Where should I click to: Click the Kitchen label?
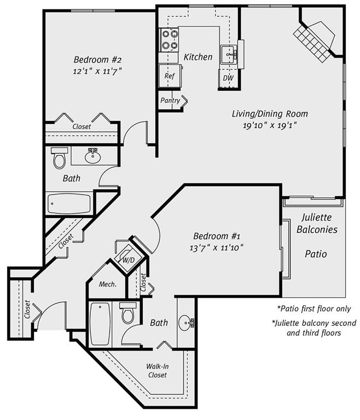[x=198, y=57]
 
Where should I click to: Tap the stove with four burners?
[x=170, y=40]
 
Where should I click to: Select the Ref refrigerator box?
[x=169, y=76]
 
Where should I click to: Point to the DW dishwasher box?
[x=228, y=78]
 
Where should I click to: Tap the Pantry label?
[x=170, y=101]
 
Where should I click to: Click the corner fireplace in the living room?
[x=316, y=38]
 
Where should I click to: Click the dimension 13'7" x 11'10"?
[x=218, y=247]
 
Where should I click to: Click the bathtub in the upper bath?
[x=69, y=203]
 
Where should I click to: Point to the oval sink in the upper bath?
[x=93, y=157]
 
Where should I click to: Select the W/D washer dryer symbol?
[x=129, y=259]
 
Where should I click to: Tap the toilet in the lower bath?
[x=128, y=313]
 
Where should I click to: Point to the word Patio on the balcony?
[x=316, y=254]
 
